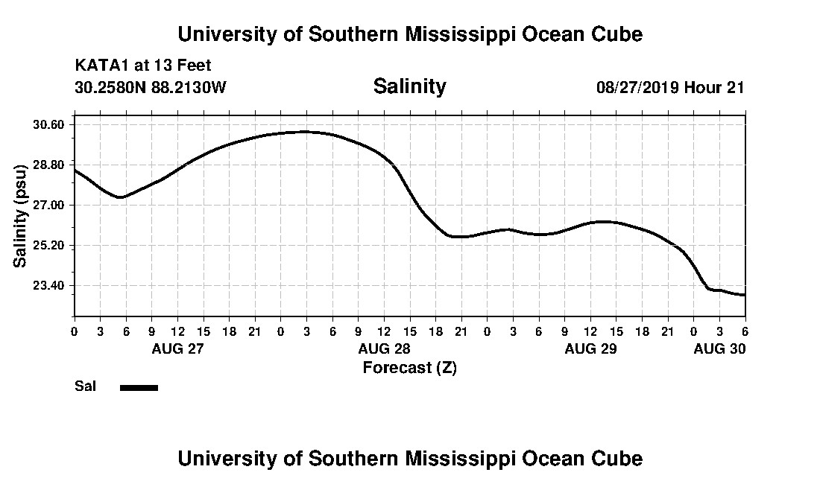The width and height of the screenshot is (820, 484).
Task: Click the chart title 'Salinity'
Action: (x=409, y=86)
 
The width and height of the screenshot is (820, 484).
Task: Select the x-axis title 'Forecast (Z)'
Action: (x=409, y=367)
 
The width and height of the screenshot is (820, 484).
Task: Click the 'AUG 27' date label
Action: (x=177, y=348)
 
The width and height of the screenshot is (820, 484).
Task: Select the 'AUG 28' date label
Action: (x=384, y=348)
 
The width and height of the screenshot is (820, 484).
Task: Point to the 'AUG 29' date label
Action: (x=590, y=348)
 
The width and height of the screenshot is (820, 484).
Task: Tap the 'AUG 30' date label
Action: (x=719, y=348)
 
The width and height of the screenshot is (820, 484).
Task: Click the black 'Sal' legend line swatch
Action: (x=139, y=387)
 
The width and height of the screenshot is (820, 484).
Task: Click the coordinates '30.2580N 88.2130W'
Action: (x=151, y=87)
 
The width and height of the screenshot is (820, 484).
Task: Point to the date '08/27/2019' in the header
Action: (x=637, y=87)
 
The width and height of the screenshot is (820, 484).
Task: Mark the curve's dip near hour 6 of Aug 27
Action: (x=120, y=197)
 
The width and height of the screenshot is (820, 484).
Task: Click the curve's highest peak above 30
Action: (x=303, y=132)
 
